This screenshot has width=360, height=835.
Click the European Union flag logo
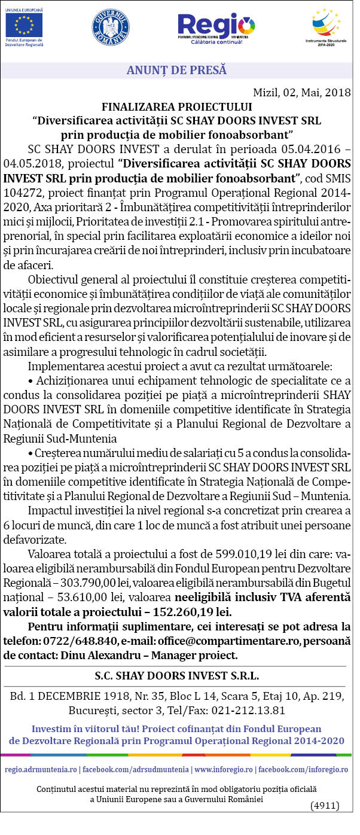24,25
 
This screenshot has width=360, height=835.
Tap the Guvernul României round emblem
111,28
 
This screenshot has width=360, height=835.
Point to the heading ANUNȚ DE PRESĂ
176,70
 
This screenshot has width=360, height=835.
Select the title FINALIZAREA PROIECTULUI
176,107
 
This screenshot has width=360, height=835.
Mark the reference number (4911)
325,805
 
